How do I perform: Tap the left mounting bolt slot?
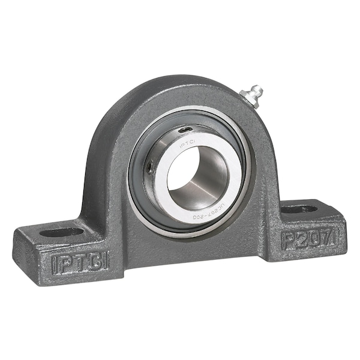[62, 232]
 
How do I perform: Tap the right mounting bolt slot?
[299, 209]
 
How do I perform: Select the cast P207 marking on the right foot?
[308, 239]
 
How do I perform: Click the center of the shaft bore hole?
[197, 178]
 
